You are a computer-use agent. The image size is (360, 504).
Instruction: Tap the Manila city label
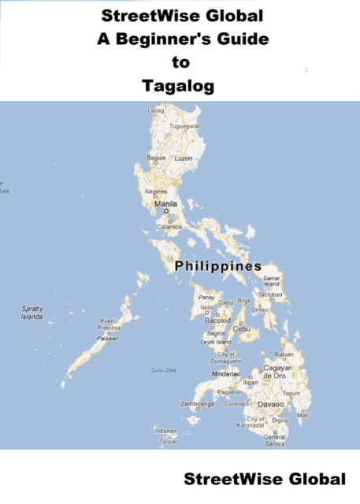pyautogui.click(x=166, y=204)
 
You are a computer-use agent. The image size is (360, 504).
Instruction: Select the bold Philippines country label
pyautogui.click(x=217, y=266)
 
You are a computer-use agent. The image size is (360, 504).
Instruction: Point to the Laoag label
pyautogui.click(x=156, y=110)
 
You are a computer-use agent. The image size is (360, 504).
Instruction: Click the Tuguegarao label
pyautogui.click(x=186, y=126)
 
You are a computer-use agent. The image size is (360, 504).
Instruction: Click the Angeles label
pyautogui.click(x=156, y=191)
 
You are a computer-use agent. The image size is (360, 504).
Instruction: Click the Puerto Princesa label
pyautogui.click(x=109, y=325)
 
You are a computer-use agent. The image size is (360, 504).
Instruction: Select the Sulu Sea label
pyautogui.click(x=163, y=369)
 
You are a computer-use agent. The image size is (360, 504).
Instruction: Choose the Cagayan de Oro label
pyautogui.click(x=278, y=372)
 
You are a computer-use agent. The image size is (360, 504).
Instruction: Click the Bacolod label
pyautogui.click(x=217, y=321)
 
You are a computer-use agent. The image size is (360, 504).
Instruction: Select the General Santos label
pyautogui.click(x=274, y=440)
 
